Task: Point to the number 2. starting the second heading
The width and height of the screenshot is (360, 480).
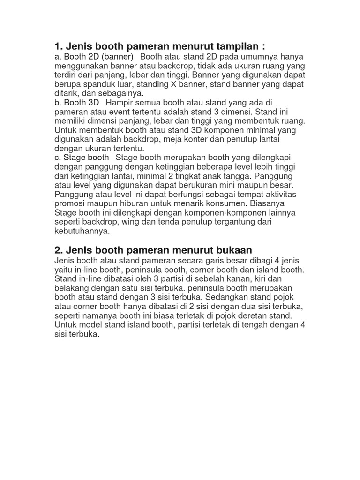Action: [x=59, y=249]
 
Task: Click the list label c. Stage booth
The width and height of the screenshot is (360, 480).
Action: [x=82, y=157]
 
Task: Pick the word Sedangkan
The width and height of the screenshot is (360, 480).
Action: [x=237, y=297]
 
